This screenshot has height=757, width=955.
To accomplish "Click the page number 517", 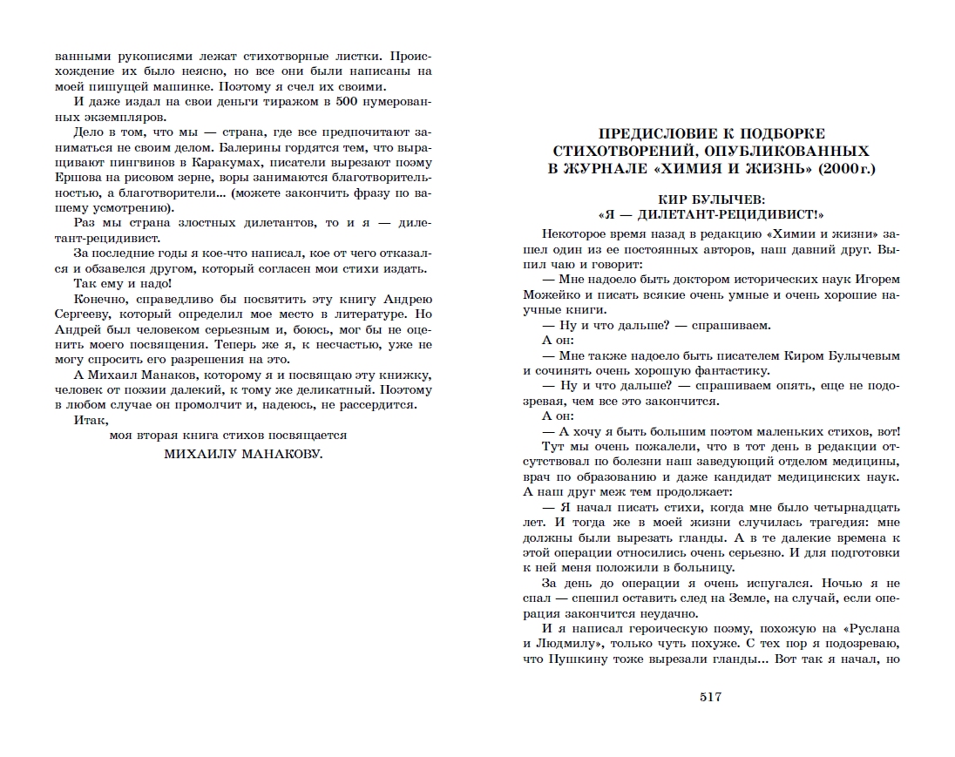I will click(711, 696).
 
